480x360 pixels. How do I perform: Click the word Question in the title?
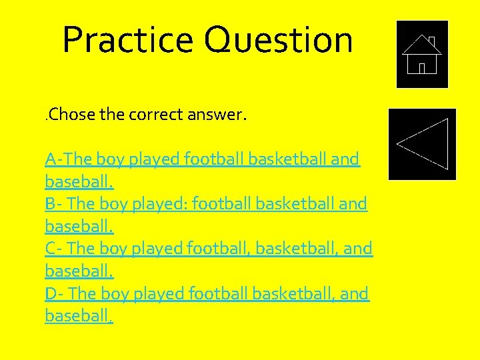pyautogui.click(x=278, y=40)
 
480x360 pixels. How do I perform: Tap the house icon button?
pyautogui.click(x=422, y=54)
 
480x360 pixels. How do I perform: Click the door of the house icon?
pyautogui.click(x=422, y=68)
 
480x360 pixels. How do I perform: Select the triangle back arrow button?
pyautogui.click(x=423, y=143)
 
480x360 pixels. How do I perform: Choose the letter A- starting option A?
pyautogui.click(x=55, y=159)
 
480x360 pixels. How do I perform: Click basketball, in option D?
pyautogui.click(x=293, y=293)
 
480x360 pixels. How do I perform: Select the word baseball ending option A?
pyautogui.click(x=79, y=181)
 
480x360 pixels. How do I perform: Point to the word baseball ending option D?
pyautogui.click(x=79, y=315)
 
